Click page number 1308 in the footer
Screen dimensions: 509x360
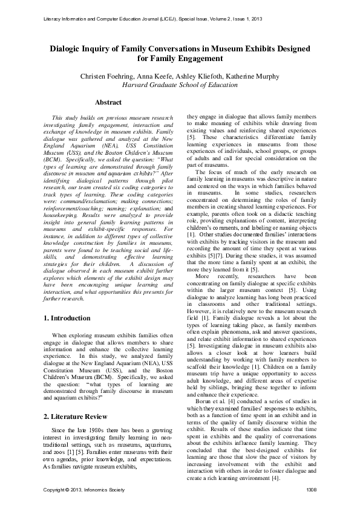(311, 489)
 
